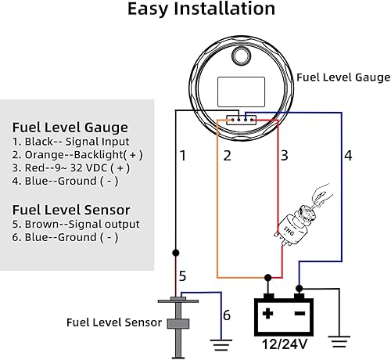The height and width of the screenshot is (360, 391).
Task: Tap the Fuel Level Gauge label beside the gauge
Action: point(343,77)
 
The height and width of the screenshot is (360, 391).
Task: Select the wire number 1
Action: point(183,156)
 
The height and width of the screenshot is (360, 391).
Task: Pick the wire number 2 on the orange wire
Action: point(228,156)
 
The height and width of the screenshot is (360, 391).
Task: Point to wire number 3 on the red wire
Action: point(284,156)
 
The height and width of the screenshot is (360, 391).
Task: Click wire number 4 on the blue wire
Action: point(348,156)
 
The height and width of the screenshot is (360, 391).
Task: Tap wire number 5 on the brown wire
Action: point(183,275)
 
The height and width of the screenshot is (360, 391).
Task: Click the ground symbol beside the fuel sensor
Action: point(221,342)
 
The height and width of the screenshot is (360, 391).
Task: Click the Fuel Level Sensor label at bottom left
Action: point(113,322)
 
